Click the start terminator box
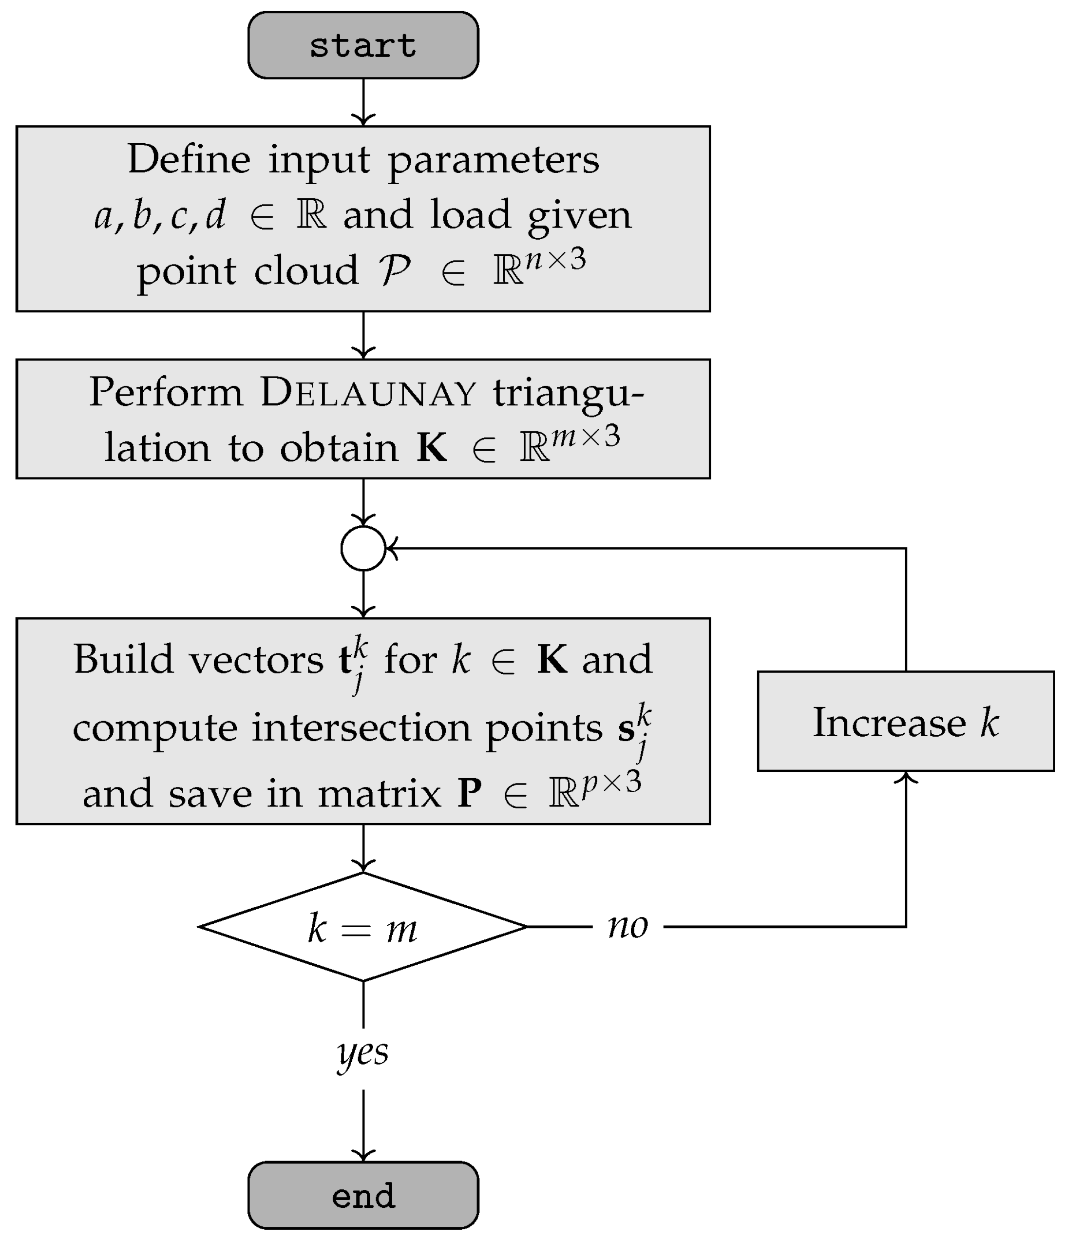pyautogui.click(x=363, y=45)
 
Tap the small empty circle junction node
pyautogui.click(x=363, y=548)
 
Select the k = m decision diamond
pyautogui.click(x=363, y=927)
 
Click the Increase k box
pyautogui.click(x=905, y=721)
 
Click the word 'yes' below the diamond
pyautogui.click(x=363, y=1052)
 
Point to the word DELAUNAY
pyautogui.click(x=368, y=393)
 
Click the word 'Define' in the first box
pyautogui.click(x=189, y=159)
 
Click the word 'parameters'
pyautogui.click(x=494, y=160)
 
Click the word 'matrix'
pyautogui.click(x=379, y=794)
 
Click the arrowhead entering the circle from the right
pyautogui.click(x=391, y=548)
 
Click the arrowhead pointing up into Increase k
pyautogui.click(x=906, y=778)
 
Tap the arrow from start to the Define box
pyautogui.click(x=363, y=102)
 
